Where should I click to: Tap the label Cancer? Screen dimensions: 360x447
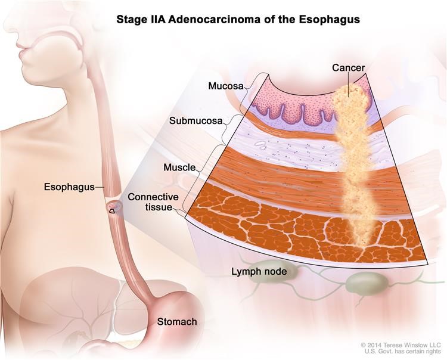(x=348, y=69)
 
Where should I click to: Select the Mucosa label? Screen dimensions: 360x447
(x=225, y=86)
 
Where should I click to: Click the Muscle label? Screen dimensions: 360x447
(x=179, y=167)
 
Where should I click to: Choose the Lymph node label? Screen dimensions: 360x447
(x=259, y=272)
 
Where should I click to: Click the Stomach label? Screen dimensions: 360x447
(x=176, y=322)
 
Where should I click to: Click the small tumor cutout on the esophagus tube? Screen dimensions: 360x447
(x=112, y=209)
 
